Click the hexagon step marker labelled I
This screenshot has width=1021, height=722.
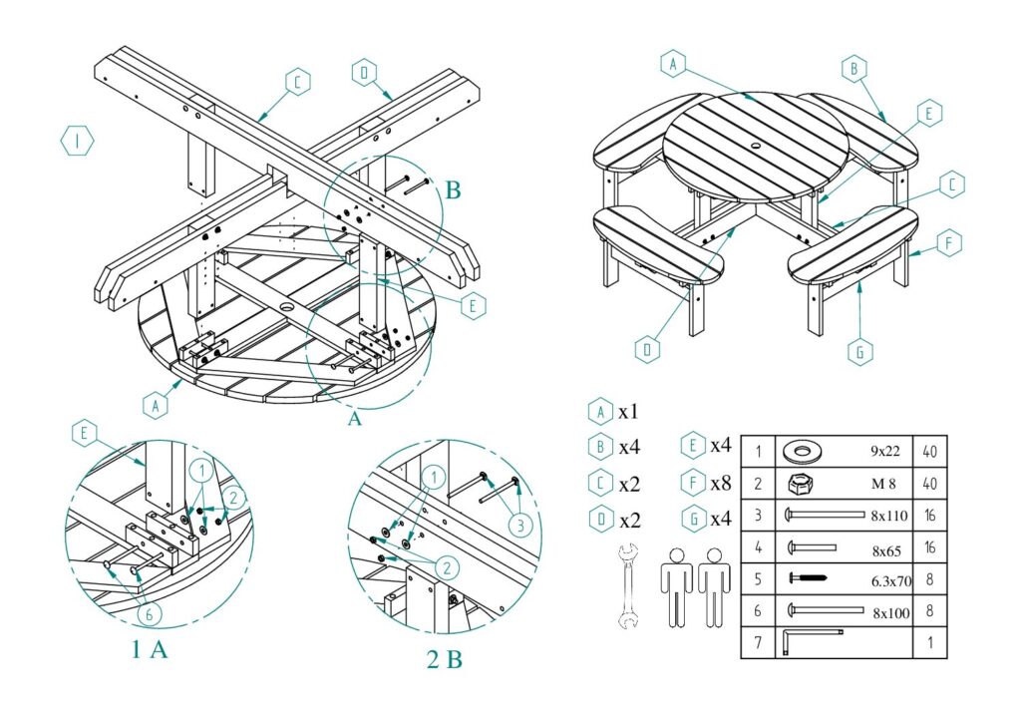pos(77,142)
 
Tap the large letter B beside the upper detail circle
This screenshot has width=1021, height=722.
pos(452,190)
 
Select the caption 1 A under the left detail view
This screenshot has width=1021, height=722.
pos(149,650)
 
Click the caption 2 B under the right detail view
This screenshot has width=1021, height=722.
pos(440,659)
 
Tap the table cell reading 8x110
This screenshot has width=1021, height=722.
pos(889,517)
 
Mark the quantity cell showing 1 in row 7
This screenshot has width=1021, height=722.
pos(929,643)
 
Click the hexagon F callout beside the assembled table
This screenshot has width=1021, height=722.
pos(950,241)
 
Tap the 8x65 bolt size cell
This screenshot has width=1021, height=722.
pos(887,547)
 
